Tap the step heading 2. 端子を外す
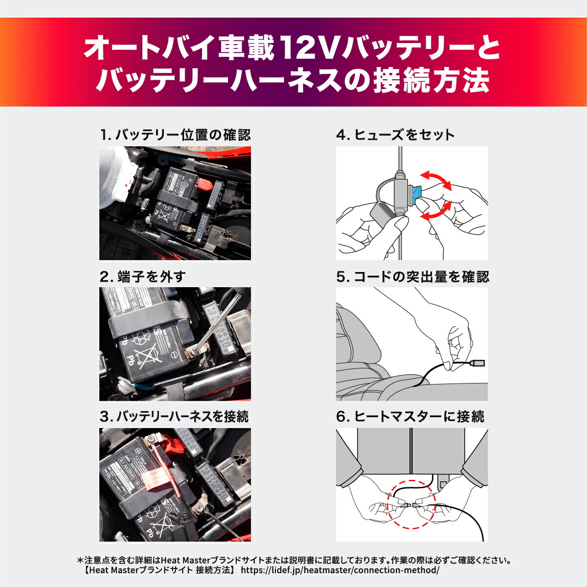click(x=142, y=277)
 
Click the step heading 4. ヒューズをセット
click(x=395, y=135)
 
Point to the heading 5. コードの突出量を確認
click(x=412, y=277)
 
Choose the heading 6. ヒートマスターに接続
click(x=410, y=417)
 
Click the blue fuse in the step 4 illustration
click(x=417, y=194)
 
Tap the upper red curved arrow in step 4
click(x=437, y=179)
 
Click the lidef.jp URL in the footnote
click(x=340, y=570)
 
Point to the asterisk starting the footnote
click(x=81, y=559)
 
